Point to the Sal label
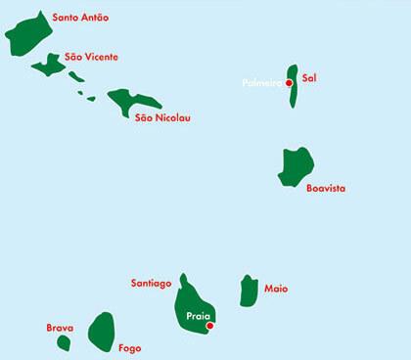pyautogui.click(x=310, y=76)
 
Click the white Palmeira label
pyautogui.click(x=262, y=83)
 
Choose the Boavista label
pyautogui.click(x=326, y=188)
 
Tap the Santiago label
pyautogui.click(x=152, y=284)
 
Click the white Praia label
pyautogui.click(x=198, y=316)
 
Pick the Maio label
pyautogui.click(x=276, y=289)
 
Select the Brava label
pyautogui.click(x=61, y=329)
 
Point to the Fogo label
pyautogui.click(x=129, y=348)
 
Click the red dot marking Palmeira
pyautogui.click(x=289, y=83)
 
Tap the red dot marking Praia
pyautogui.click(x=209, y=327)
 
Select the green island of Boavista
pyautogui.click(x=295, y=166)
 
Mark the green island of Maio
pyautogui.click(x=249, y=291)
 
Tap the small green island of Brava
pyautogui.click(x=64, y=342)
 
